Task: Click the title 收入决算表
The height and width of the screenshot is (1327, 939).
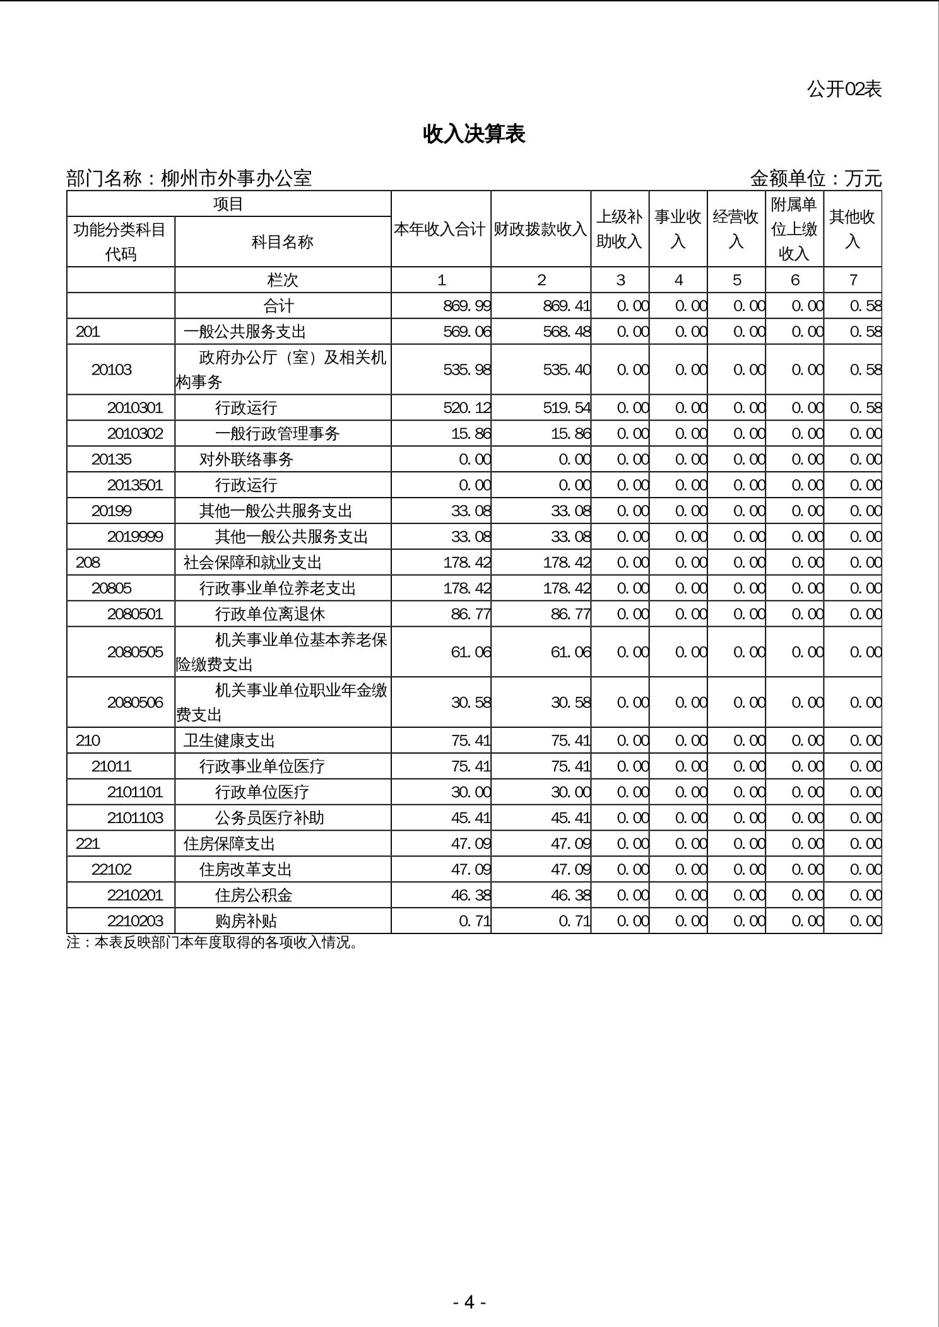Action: click(474, 134)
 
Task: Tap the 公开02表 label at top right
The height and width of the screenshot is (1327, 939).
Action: click(844, 90)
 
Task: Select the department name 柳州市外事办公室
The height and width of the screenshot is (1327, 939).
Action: click(237, 178)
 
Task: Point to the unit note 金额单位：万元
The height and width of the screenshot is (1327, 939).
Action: click(815, 178)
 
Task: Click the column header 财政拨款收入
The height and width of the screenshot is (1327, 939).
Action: click(540, 230)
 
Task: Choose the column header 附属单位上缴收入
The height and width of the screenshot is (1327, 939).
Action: click(794, 229)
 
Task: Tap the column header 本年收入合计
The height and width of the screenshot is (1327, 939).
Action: click(440, 230)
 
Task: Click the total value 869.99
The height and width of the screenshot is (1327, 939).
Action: click(467, 306)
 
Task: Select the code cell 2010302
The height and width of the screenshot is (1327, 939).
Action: click(135, 434)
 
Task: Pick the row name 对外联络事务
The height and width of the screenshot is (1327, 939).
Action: click(246, 460)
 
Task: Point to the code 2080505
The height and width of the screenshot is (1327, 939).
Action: click(135, 652)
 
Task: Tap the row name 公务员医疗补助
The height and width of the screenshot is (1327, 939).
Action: click(269, 818)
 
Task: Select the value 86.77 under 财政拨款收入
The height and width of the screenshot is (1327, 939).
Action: click(570, 614)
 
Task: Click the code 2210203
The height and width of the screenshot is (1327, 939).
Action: click(135, 921)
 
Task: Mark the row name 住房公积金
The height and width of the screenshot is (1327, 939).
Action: click(254, 896)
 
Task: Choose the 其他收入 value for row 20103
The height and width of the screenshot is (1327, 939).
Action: click(865, 370)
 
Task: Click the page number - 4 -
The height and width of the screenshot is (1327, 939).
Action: click(469, 1302)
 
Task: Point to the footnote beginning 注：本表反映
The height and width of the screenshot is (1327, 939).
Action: click(212, 943)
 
